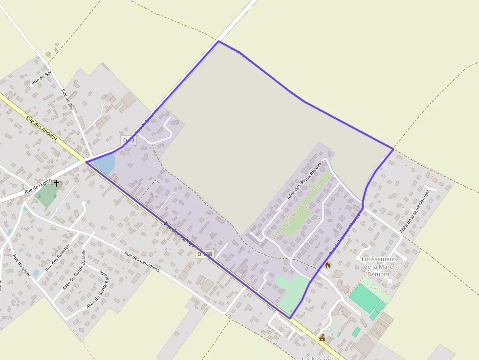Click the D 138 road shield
(x=205, y=254)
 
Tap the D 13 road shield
(x=129, y=141)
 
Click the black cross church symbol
(x=57, y=183)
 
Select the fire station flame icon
(x=327, y=265)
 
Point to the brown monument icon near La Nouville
(x=322, y=338)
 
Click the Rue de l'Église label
(x=38, y=186)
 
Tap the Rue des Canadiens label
(x=142, y=262)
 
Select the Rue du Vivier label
(x=22, y=266)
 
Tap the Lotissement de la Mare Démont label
(x=378, y=266)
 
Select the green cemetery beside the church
(x=46, y=195)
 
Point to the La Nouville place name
(x=320, y=358)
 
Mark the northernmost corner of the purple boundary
(x=218, y=42)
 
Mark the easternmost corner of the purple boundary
(x=393, y=148)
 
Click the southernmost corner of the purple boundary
(x=290, y=318)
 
